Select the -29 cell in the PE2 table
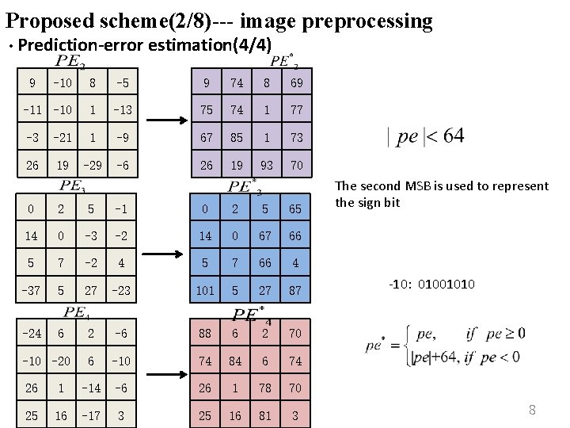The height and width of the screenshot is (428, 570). [x=92, y=166]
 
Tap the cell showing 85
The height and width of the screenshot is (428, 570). [x=235, y=137]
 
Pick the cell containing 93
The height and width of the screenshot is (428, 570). [x=266, y=166]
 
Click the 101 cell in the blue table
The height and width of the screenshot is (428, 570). [x=206, y=291]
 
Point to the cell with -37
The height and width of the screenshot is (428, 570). [x=31, y=291]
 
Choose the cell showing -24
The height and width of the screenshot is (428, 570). [x=31, y=334]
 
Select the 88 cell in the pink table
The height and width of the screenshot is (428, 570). [x=206, y=334]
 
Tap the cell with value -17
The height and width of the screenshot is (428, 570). [x=92, y=416]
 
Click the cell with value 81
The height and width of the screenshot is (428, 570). [x=266, y=416]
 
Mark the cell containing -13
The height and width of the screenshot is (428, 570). [x=123, y=109]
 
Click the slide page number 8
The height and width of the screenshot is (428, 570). [x=532, y=410]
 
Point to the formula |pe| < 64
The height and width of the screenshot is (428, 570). [x=426, y=136]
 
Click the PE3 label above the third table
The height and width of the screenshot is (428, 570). [x=73, y=187]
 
